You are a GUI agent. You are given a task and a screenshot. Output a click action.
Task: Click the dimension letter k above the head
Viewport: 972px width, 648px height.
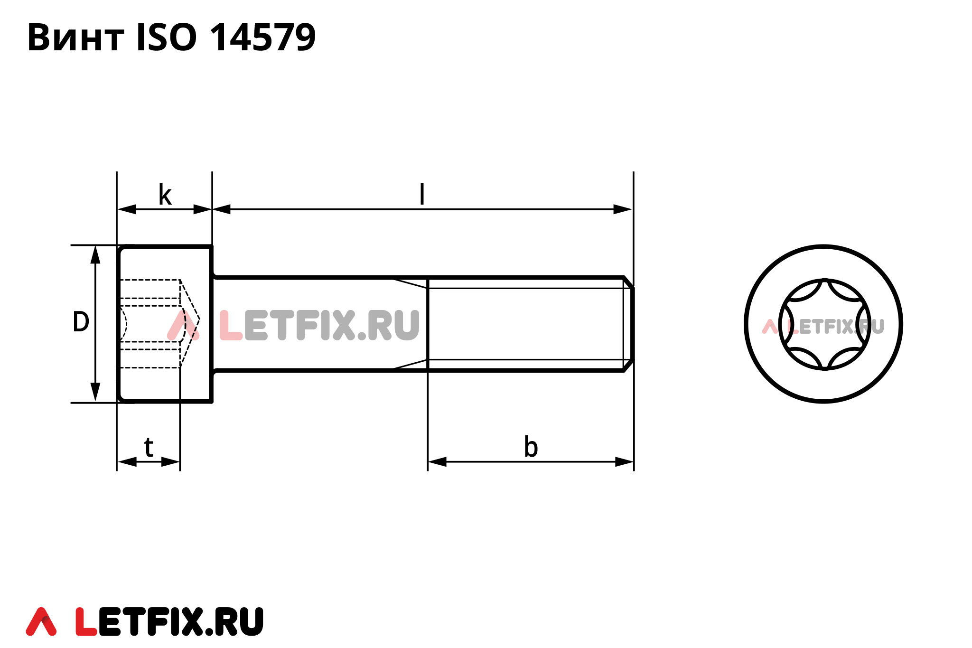[165, 195]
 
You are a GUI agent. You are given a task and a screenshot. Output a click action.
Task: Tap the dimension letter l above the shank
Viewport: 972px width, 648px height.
[422, 195]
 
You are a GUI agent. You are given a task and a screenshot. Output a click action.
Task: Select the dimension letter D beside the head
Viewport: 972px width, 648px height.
[81, 322]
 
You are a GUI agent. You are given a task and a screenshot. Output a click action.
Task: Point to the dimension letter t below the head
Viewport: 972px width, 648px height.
[149, 447]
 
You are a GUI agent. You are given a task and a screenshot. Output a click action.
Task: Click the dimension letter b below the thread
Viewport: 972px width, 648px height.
[531, 447]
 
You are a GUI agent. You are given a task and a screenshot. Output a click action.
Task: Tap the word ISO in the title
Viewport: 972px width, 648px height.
[166, 38]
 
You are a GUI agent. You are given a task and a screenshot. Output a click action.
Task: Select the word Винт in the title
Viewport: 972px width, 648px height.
[76, 38]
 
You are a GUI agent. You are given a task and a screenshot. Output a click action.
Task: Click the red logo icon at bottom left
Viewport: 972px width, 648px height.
[41, 621]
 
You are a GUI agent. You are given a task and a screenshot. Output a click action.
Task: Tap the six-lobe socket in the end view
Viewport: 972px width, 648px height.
[824, 324]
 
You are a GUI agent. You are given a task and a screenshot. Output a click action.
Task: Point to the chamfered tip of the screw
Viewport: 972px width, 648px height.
[628, 324]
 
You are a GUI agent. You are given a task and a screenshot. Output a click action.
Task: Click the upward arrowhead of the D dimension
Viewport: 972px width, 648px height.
[95, 254]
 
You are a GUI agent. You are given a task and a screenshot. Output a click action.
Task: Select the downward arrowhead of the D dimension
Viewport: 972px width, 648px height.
[95, 393]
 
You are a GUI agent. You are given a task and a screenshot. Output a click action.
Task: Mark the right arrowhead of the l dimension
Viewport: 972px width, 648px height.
[623, 209]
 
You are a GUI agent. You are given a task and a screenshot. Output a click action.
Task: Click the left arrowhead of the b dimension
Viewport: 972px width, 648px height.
[437, 461]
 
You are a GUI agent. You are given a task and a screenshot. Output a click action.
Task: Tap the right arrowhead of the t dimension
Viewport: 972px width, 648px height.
[170, 461]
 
